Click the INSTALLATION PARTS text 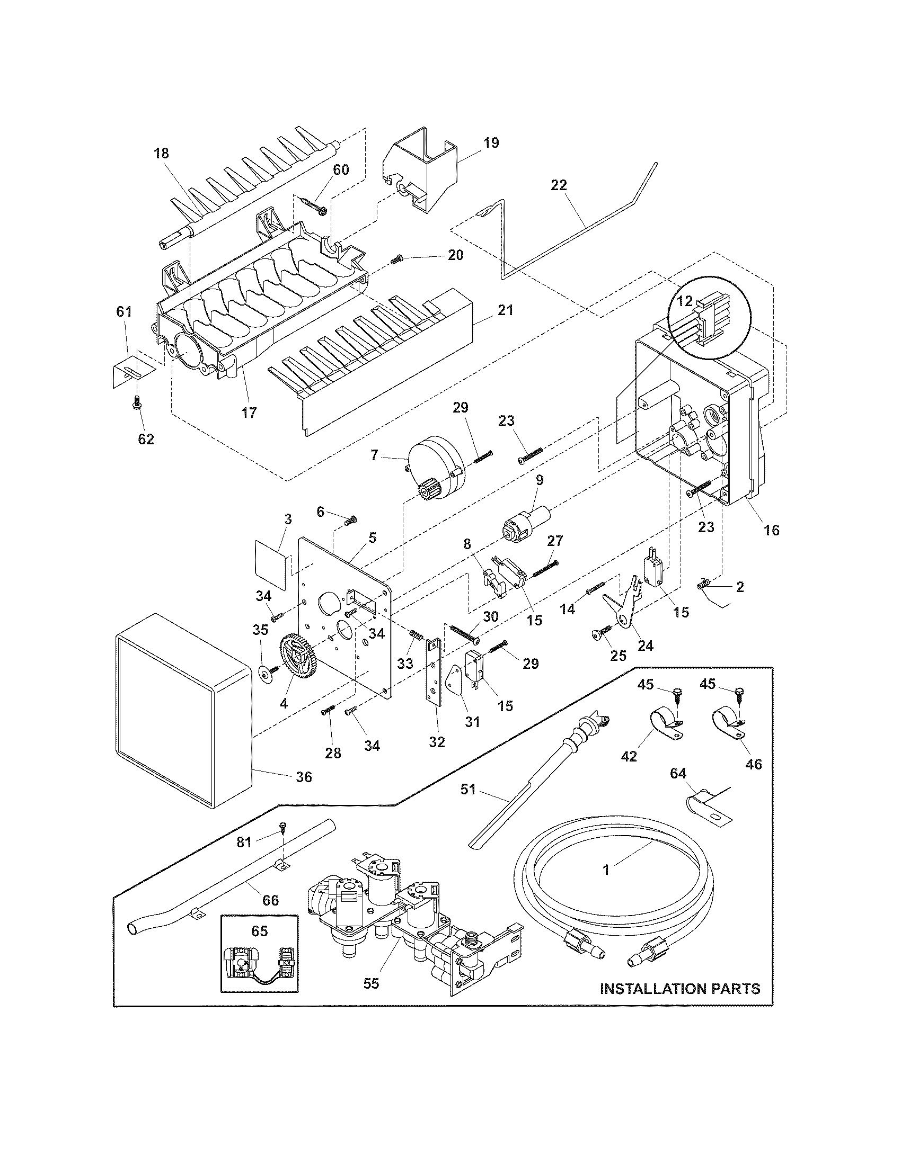pos(680,989)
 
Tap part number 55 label pos(371,983)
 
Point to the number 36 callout pos(304,777)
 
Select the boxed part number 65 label pos(259,931)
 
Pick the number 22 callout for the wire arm pos(559,186)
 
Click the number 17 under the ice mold pos(249,413)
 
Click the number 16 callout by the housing pos(772,530)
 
